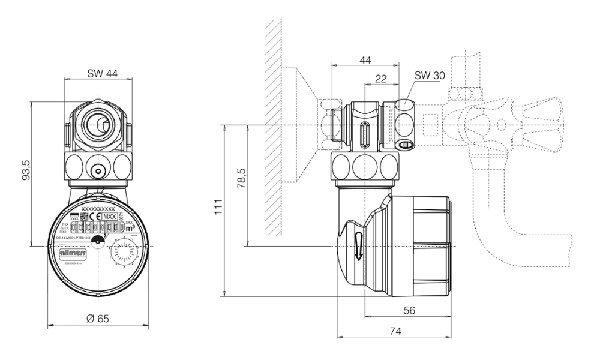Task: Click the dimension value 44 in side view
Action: coord(364,61)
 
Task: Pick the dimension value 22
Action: coord(380,80)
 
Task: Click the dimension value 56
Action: coord(409,310)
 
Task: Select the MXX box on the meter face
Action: coord(109,217)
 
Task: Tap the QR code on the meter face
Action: coord(83,217)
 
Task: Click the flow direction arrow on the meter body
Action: coord(357,245)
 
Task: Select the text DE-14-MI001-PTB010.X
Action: coord(73,238)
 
